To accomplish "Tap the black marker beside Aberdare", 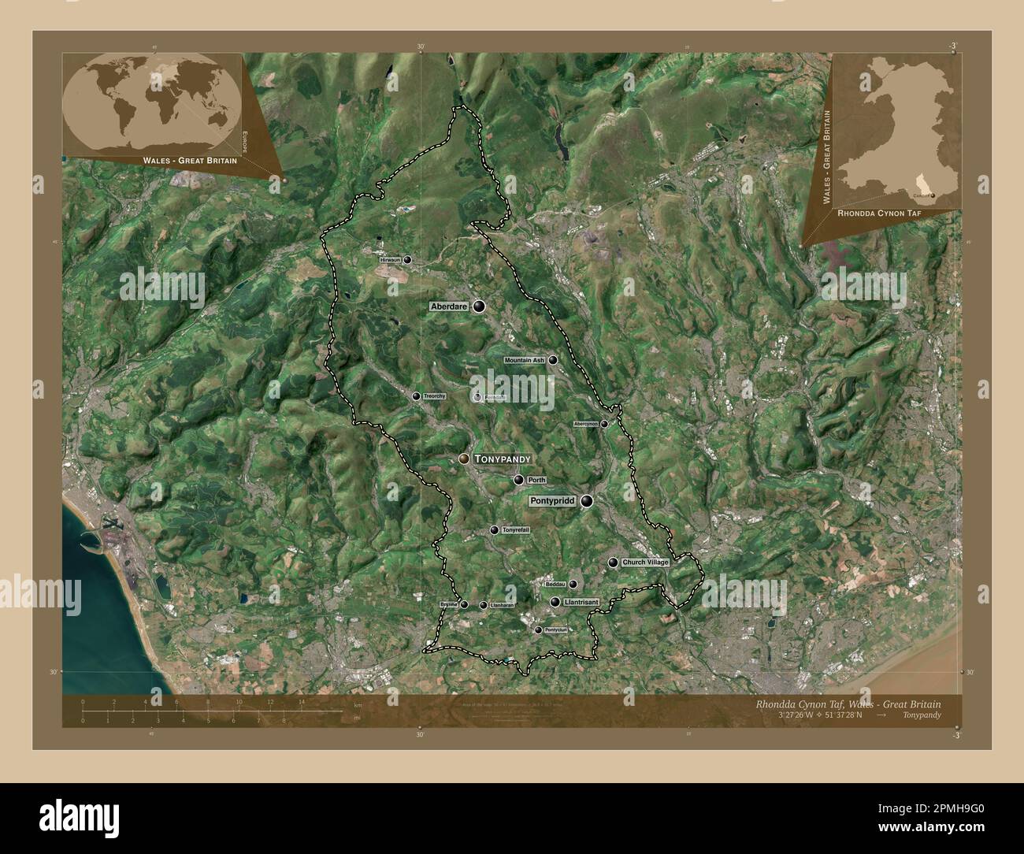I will coord(479,306).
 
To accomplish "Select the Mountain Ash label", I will coord(525,361).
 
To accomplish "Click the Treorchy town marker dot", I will coord(416,396).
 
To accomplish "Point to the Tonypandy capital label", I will coord(503,459).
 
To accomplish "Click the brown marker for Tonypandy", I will coord(465,459).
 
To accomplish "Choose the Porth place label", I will coord(536,480).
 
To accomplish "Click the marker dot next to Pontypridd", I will coord(587,500).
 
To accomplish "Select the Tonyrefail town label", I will coord(516,531).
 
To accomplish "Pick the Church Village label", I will coord(645,563).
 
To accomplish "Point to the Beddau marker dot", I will coord(573,585).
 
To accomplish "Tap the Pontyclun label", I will coord(556,630).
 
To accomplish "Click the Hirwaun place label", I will coord(390,259).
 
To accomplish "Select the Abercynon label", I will coord(586,424).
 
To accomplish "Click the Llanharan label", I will coord(502,605).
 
